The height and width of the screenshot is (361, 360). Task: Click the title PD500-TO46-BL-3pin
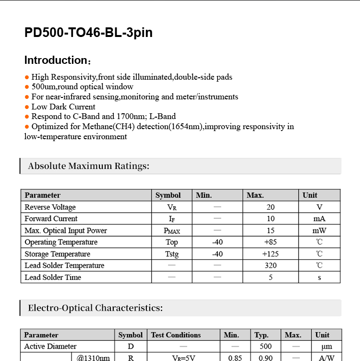(x=88, y=33)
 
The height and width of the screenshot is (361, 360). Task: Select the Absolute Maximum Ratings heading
(x=89, y=166)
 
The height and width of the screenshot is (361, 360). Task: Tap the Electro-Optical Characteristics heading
(x=95, y=308)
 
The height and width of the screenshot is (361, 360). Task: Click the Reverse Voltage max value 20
(x=271, y=207)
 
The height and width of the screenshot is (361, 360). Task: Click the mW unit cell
(x=319, y=230)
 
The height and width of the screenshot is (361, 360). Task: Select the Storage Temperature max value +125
(x=271, y=254)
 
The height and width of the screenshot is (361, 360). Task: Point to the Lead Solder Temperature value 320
(x=271, y=265)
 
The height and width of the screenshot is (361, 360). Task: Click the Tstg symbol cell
(x=172, y=254)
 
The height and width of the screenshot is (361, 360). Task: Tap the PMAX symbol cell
(x=172, y=231)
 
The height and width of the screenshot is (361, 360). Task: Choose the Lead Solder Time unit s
(x=319, y=277)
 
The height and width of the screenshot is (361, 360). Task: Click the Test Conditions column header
(x=176, y=335)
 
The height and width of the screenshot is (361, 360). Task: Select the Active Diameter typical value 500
(x=265, y=347)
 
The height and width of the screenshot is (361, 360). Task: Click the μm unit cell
(x=326, y=347)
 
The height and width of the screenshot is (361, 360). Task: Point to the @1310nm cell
(x=93, y=358)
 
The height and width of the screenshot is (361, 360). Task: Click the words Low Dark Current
(x=63, y=107)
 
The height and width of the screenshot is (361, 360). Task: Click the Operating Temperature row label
(x=61, y=242)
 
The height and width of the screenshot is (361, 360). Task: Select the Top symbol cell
(x=172, y=242)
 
